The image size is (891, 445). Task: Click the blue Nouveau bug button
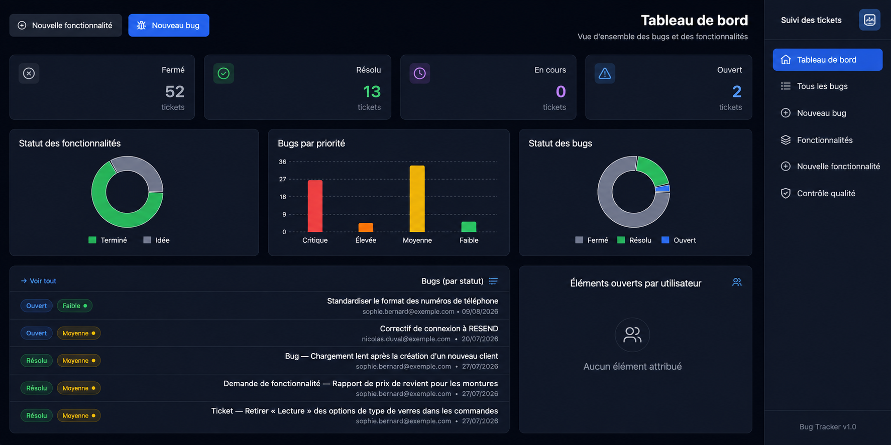pyautogui.click(x=169, y=25)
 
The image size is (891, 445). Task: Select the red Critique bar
pyautogui.click(x=315, y=206)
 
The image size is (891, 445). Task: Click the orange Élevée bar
pyautogui.click(x=366, y=227)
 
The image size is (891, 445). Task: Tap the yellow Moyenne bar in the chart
pyautogui.click(x=417, y=199)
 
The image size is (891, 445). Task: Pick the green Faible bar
pyautogui.click(x=469, y=227)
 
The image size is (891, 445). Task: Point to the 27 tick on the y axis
pyautogui.click(x=283, y=179)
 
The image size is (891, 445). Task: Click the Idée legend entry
pyautogui.click(x=156, y=240)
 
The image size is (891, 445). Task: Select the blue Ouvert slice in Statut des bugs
pyautogui.click(x=663, y=189)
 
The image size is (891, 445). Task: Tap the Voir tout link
pyautogui.click(x=39, y=281)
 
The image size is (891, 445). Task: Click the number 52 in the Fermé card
pyautogui.click(x=175, y=91)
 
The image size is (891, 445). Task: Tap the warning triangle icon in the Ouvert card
pyautogui.click(x=605, y=73)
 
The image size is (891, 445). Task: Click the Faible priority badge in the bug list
pyautogui.click(x=74, y=306)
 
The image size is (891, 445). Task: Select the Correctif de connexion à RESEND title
pyautogui.click(x=439, y=329)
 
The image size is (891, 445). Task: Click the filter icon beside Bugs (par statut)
pyautogui.click(x=493, y=281)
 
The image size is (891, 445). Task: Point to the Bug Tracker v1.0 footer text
pyautogui.click(x=828, y=427)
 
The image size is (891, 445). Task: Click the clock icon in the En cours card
pyautogui.click(x=420, y=73)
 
